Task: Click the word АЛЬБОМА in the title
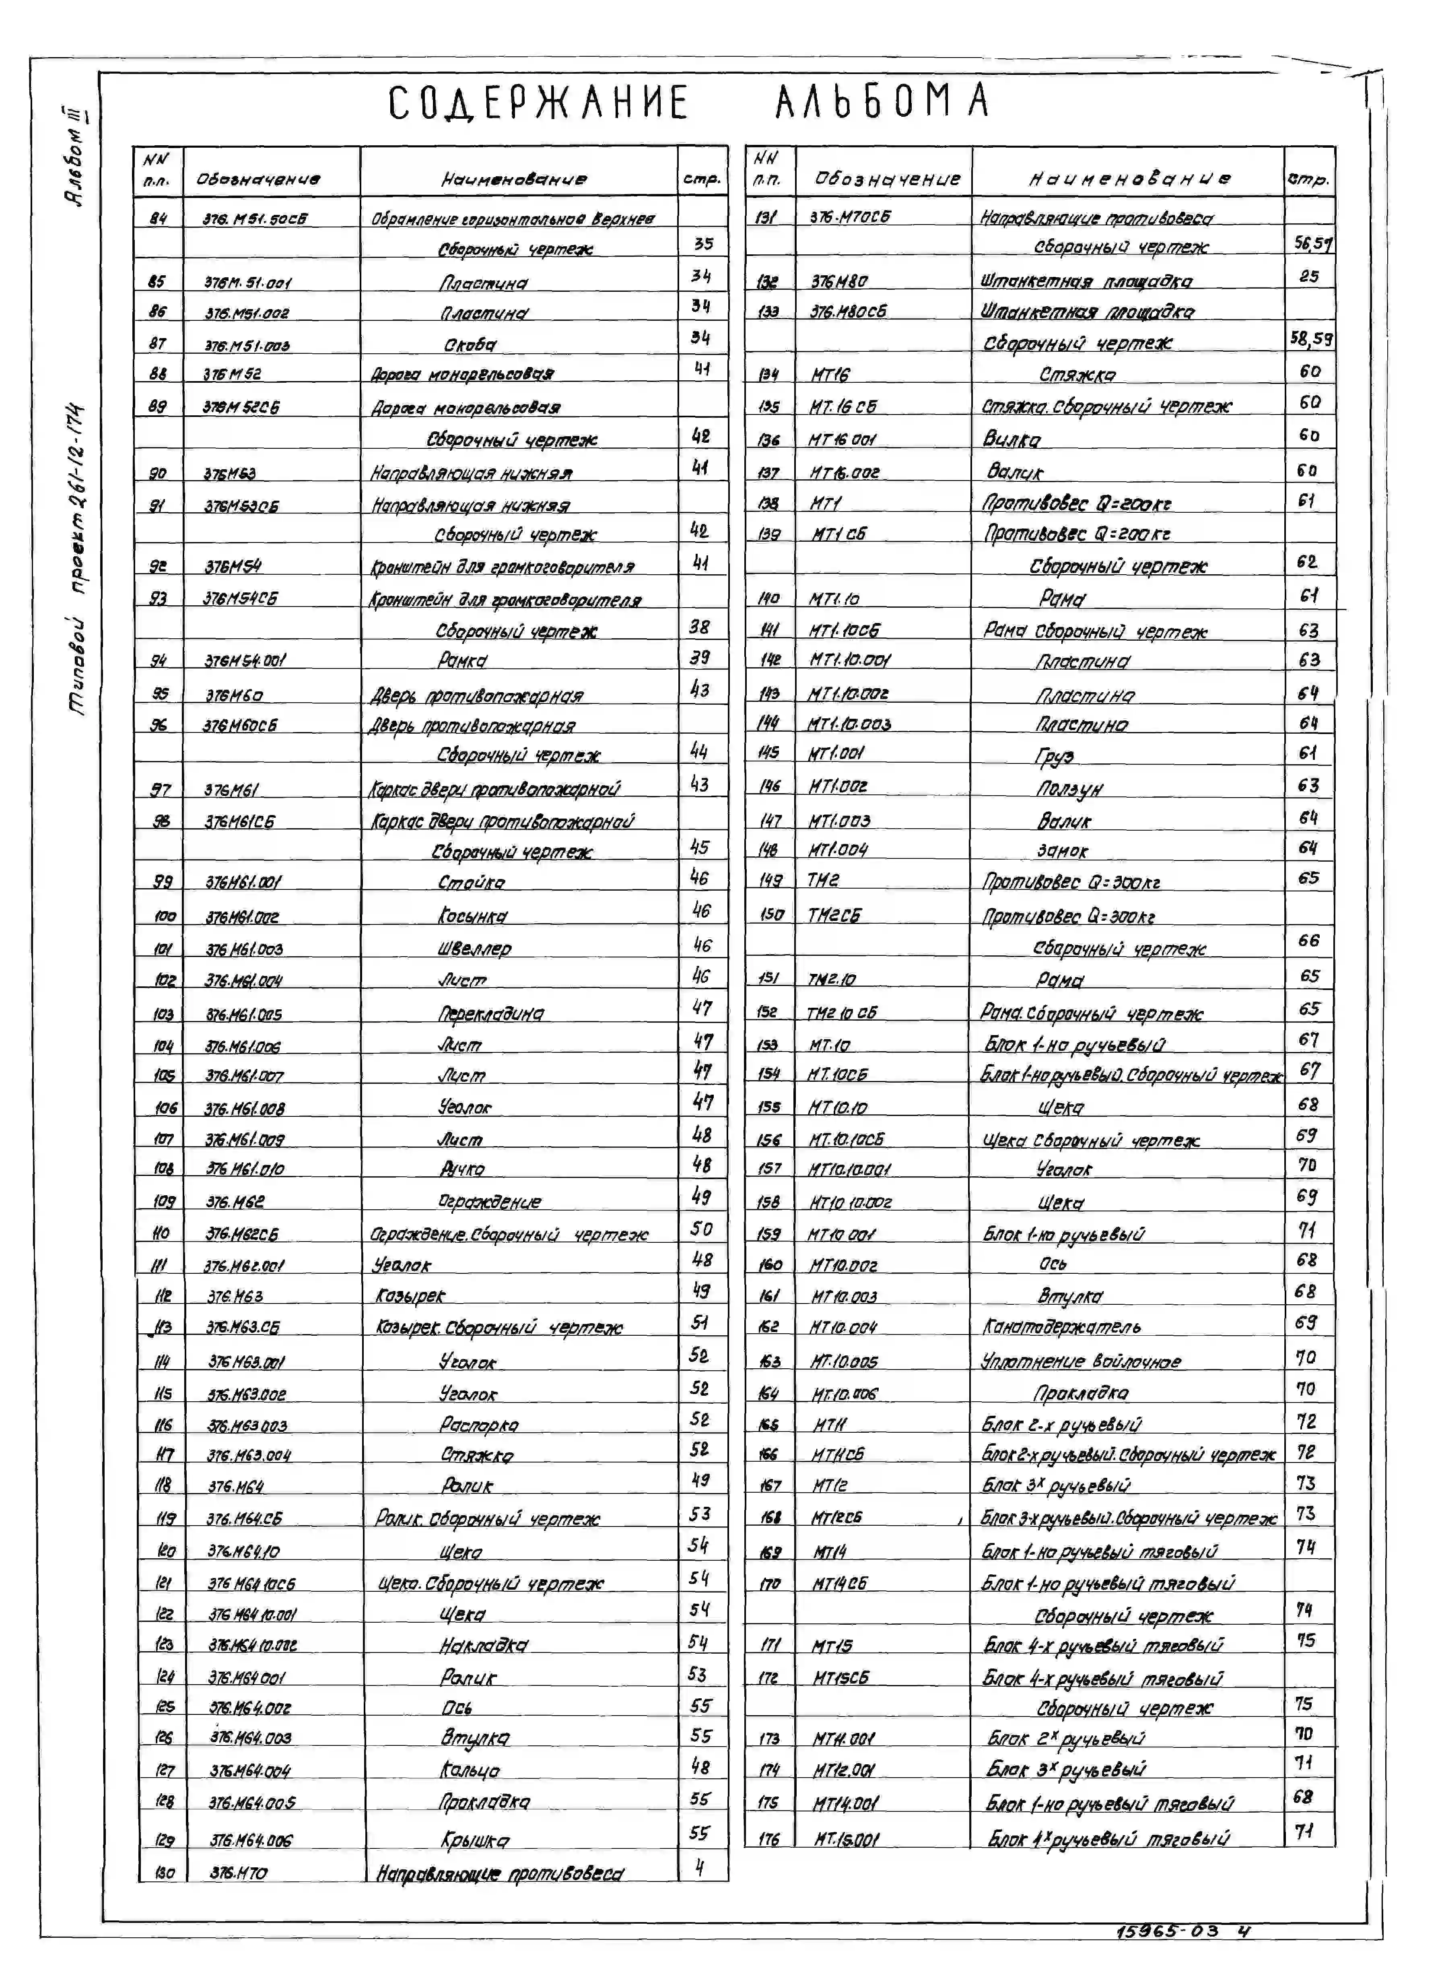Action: click(882, 101)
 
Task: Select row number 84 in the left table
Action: click(158, 218)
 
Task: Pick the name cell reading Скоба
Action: click(470, 344)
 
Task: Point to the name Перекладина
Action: click(490, 1013)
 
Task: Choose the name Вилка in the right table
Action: click(1013, 439)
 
